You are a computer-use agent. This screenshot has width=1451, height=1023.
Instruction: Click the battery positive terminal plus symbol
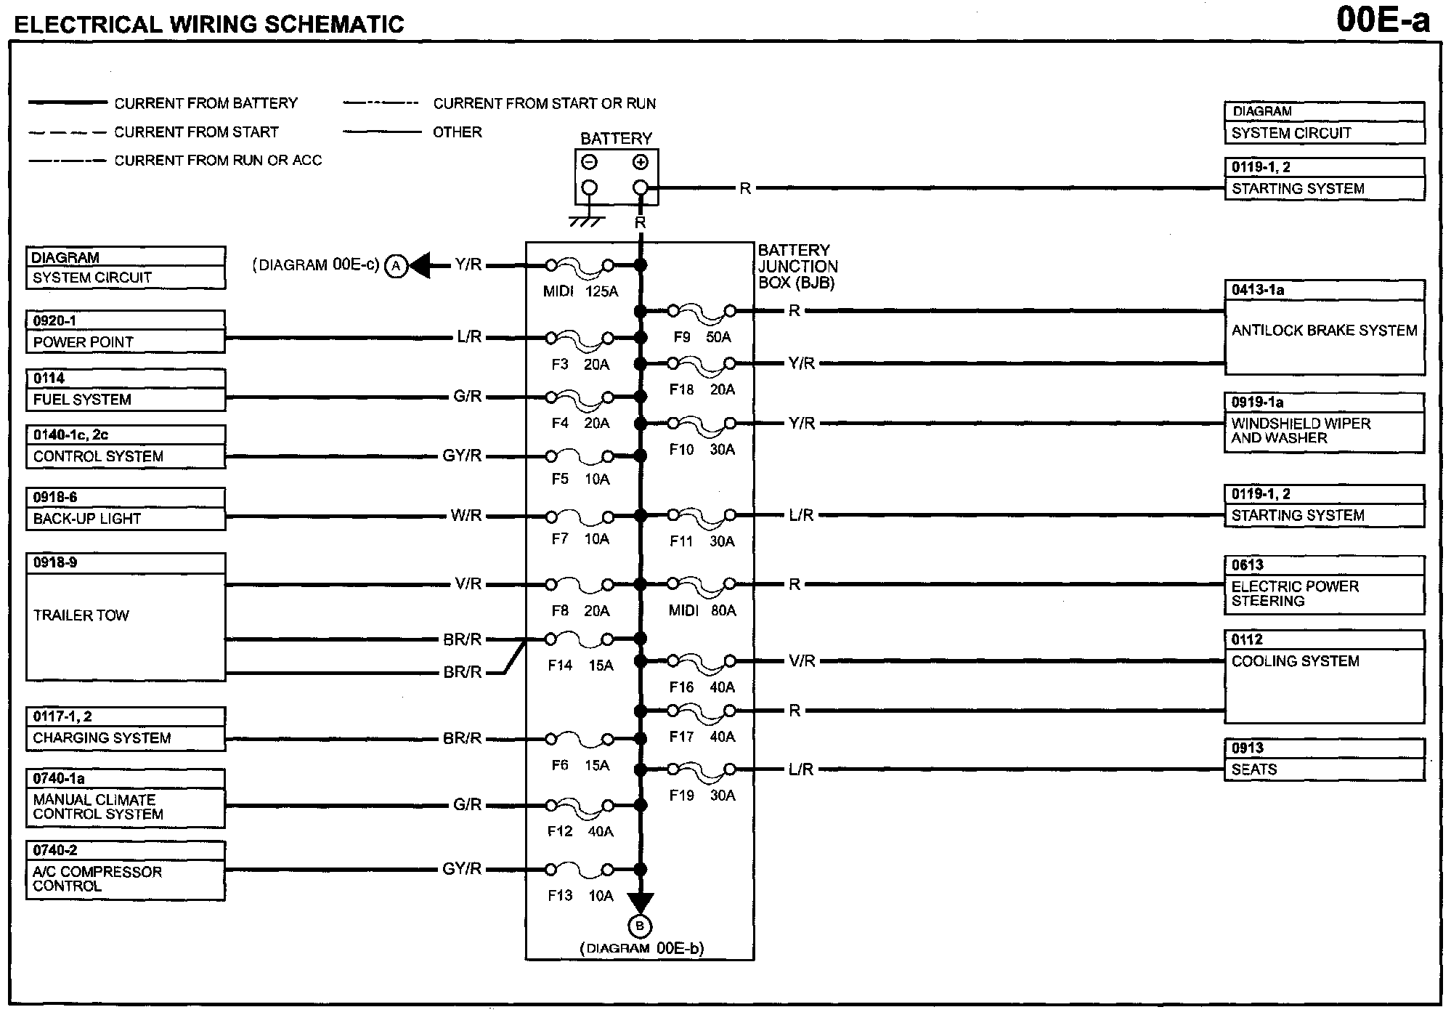tap(640, 162)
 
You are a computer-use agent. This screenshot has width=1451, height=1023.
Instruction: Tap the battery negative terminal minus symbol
tap(590, 162)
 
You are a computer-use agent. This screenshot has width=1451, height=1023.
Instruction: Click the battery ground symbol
tap(588, 220)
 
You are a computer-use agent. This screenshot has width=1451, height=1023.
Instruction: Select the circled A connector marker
tap(396, 266)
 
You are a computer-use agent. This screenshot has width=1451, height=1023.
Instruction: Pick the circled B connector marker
tap(640, 926)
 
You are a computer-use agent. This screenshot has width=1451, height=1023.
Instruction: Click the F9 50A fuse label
tap(702, 337)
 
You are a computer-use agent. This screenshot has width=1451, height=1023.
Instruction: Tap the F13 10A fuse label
tap(580, 896)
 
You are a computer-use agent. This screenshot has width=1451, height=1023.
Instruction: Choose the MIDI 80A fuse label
tap(702, 611)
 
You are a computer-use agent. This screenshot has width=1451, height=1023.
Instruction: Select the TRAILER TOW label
tap(81, 615)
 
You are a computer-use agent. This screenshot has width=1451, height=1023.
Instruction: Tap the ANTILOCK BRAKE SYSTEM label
tap(1324, 331)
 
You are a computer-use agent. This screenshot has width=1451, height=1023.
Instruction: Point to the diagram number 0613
tap(1248, 565)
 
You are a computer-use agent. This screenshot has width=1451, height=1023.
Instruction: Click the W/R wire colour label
tap(466, 516)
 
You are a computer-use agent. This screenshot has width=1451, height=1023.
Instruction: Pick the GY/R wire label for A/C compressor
tap(462, 869)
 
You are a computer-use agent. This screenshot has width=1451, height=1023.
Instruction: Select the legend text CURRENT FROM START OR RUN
tap(544, 104)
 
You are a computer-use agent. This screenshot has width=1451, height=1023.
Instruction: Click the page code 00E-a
tap(1383, 20)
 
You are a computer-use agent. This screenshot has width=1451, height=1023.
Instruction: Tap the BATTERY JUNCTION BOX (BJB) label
tap(797, 267)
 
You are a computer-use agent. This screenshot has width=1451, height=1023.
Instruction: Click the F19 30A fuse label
tap(702, 796)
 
